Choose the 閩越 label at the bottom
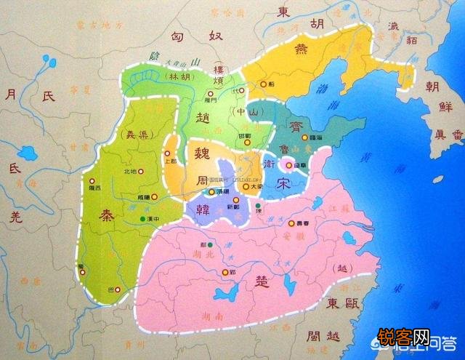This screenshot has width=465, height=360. [x=323, y=336]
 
